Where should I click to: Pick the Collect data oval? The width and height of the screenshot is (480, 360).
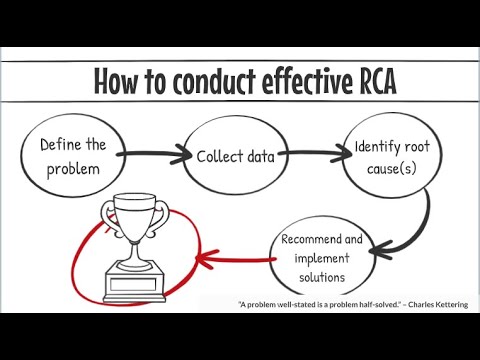235,156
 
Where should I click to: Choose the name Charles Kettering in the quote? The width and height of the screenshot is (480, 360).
439,304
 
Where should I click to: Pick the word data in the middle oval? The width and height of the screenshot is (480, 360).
262,156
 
